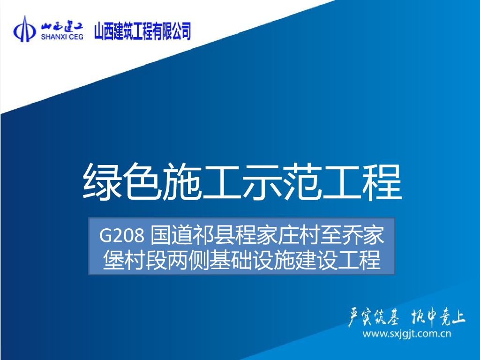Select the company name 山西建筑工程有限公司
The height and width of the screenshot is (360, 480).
143,31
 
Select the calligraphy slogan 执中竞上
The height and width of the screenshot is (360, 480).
438,317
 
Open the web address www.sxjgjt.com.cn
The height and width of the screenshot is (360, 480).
407,334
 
